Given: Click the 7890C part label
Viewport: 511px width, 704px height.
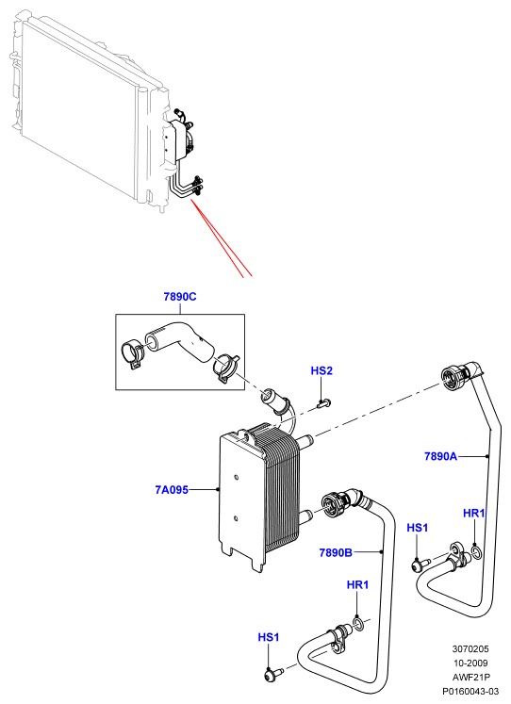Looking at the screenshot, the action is tap(180, 297).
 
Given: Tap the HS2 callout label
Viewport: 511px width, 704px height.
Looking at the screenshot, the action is tap(321, 371).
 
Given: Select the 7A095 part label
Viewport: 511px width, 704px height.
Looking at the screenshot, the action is tap(172, 489).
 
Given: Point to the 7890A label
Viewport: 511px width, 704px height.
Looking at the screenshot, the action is tap(440, 457).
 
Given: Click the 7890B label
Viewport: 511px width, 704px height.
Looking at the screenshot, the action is tap(336, 552).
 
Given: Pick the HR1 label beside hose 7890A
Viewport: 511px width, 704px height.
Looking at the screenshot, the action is tap(474, 514).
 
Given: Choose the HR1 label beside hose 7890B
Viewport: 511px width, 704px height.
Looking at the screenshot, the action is tap(358, 585).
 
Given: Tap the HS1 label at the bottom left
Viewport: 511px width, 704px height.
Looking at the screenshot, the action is tap(269, 637).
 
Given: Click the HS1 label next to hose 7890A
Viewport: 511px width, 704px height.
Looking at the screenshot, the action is tap(418, 528).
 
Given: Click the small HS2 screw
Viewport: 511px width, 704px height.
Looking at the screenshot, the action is tap(322, 403).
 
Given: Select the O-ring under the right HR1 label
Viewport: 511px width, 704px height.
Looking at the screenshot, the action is tap(477, 552).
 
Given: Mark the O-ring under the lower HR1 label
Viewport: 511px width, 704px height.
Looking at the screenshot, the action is tap(359, 624).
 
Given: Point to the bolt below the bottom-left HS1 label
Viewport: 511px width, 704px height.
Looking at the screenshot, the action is tap(272, 674).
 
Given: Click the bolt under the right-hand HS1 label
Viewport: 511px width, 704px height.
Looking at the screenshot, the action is tap(420, 564).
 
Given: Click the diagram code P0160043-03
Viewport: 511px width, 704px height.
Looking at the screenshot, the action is tap(470, 692).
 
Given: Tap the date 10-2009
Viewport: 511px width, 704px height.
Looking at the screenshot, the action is tap(470, 663).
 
